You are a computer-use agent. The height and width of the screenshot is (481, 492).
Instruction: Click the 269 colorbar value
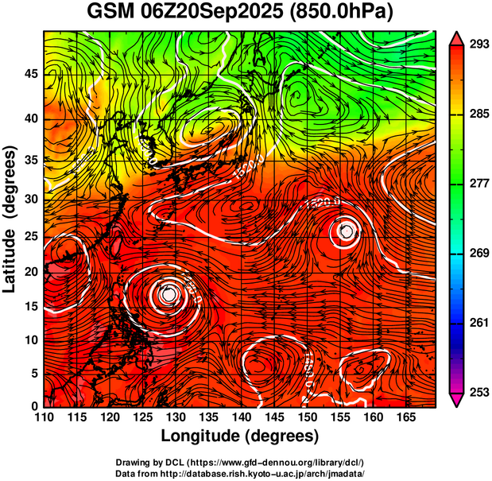click(x=477, y=254)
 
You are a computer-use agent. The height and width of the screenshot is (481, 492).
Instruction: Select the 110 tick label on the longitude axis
click(x=44, y=417)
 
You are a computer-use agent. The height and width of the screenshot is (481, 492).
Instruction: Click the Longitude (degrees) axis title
click(x=240, y=436)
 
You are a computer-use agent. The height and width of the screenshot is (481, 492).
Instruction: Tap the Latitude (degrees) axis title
click(x=11, y=219)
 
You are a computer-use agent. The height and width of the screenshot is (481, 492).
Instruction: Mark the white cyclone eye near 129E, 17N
click(x=168, y=293)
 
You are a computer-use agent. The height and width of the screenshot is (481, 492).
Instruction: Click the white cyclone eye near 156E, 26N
click(x=347, y=231)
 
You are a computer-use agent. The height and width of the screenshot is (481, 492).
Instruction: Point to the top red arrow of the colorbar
click(x=457, y=37)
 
